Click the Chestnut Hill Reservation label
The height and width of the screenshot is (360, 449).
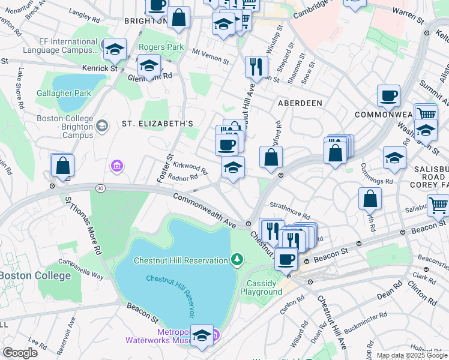[180, 260]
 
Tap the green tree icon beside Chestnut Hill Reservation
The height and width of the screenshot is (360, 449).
[238, 260]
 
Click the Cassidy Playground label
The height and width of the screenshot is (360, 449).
[262, 287]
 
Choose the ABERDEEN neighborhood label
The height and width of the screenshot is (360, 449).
[300, 103]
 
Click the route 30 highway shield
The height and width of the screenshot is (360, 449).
[100, 188]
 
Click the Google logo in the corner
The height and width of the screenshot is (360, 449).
[20, 352]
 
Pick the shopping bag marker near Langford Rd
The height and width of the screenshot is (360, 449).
[271, 157]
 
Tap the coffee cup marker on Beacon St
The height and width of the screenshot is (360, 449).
[286, 260]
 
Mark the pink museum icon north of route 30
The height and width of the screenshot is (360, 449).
[116, 165]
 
